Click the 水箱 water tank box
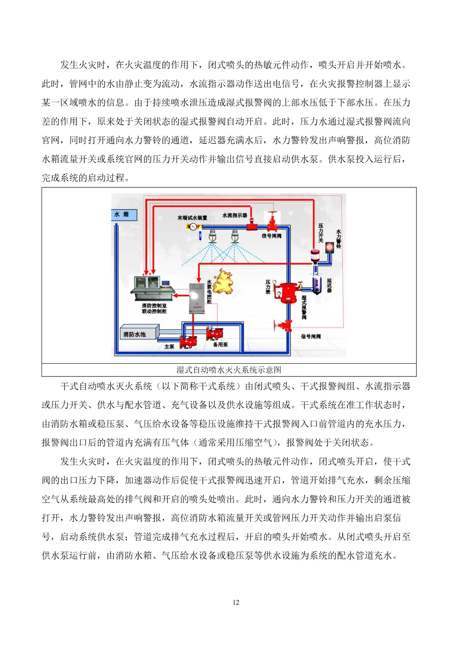pyautogui.click(x=124, y=215)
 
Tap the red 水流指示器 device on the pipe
pyautogui.click(x=252, y=224)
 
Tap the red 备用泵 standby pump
pyautogui.click(x=215, y=334)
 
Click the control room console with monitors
pyautogui.click(x=151, y=287)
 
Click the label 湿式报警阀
pyautogui.click(x=304, y=307)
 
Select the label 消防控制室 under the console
pyautogui.click(x=154, y=306)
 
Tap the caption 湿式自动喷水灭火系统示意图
pyautogui.click(x=229, y=370)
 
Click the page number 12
pyautogui.click(x=236, y=602)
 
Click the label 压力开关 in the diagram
pyautogui.click(x=321, y=233)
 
